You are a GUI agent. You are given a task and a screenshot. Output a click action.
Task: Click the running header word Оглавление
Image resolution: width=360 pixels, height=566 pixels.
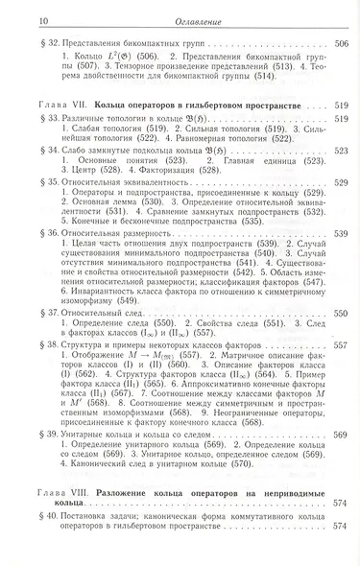180,10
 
